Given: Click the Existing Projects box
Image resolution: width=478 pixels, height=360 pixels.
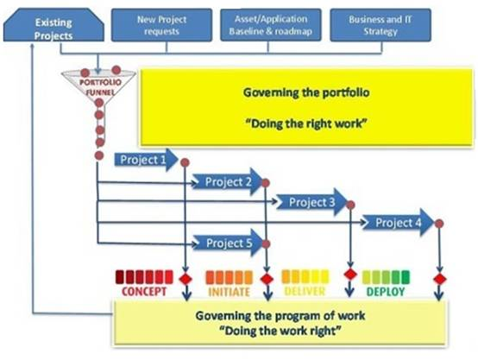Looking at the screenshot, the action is tap(53, 25).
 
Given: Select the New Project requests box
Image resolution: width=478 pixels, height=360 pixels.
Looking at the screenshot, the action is tap(161, 25).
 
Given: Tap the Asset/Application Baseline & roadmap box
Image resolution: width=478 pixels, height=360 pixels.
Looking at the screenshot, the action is tap(271, 25).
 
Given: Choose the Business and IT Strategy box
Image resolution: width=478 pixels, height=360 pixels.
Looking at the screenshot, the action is tap(381, 25).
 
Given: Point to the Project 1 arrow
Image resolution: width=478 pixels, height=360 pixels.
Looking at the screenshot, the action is tap(146, 160).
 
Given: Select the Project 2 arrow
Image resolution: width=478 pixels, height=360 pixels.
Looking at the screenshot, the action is tap(228, 182).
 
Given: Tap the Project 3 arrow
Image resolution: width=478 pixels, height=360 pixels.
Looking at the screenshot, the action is tap(311, 202).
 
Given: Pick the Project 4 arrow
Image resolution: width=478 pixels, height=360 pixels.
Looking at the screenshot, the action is tap(398, 223).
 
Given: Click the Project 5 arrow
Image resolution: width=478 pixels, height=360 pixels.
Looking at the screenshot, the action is tap(228, 243).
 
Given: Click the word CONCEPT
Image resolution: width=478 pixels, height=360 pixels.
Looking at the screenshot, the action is tap(144, 292).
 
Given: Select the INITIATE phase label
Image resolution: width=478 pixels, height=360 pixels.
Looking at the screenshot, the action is tap(229, 292).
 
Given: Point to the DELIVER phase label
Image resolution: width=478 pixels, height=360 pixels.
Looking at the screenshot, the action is tap(305, 291).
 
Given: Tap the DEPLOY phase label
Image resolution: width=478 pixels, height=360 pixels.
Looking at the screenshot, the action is tap(386, 292).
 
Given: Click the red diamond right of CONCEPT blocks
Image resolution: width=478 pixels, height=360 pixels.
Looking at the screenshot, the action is tap(186, 279).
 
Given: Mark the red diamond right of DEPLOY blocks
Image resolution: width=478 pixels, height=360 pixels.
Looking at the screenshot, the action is tap(439, 279).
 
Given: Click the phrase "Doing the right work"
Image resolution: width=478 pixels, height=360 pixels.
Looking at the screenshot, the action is tap(306, 123).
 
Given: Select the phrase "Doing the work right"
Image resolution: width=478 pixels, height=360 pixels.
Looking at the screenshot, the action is tap(280, 331).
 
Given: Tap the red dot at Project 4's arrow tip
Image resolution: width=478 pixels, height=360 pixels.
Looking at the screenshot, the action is tap(439, 224).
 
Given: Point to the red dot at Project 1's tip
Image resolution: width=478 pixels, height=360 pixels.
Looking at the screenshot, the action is tap(185, 162).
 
